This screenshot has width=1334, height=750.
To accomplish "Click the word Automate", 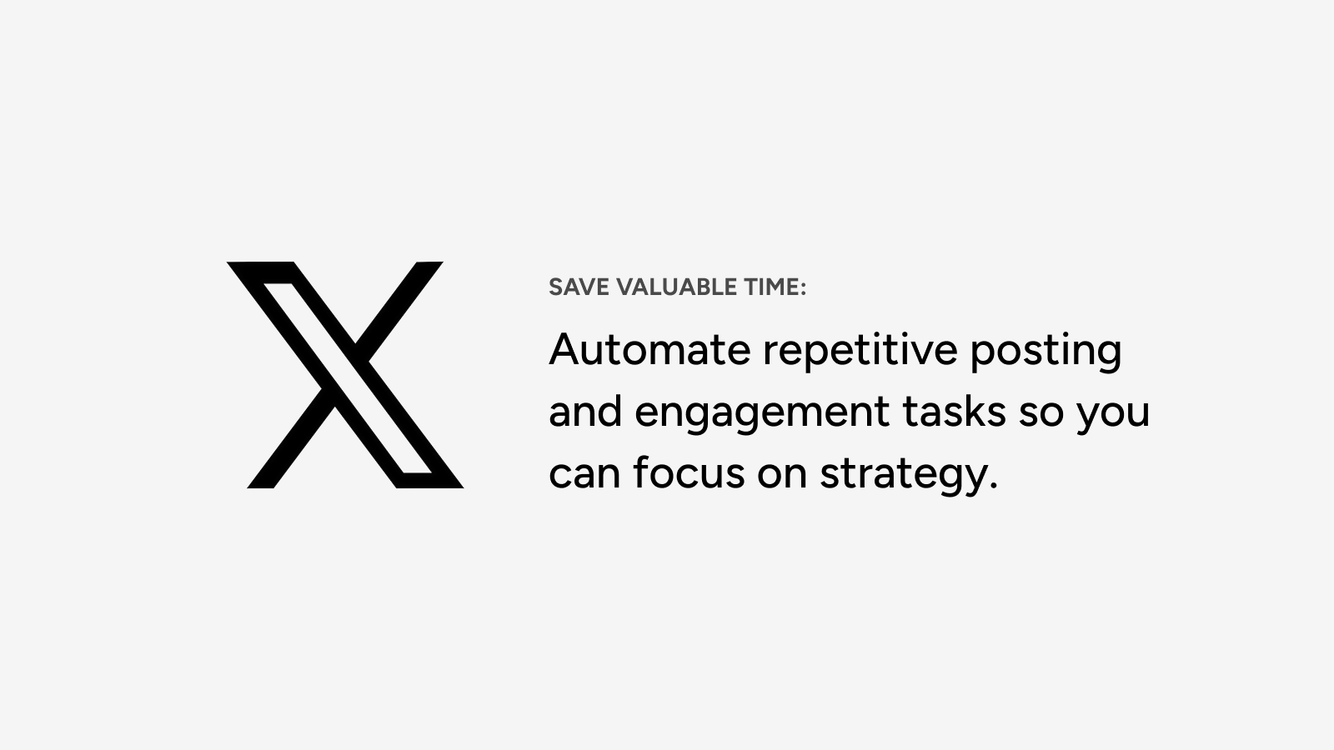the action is (x=649, y=349).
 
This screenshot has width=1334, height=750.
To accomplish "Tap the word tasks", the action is (x=954, y=411).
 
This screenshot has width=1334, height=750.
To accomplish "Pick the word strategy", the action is (x=903, y=476).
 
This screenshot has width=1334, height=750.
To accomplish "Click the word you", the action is (x=1112, y=414).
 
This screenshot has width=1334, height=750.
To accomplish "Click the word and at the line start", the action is (x=585, y=411).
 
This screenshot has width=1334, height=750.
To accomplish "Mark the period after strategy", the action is (x=992, y=486).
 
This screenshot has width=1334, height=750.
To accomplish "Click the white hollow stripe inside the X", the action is (x=347, y=378).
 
